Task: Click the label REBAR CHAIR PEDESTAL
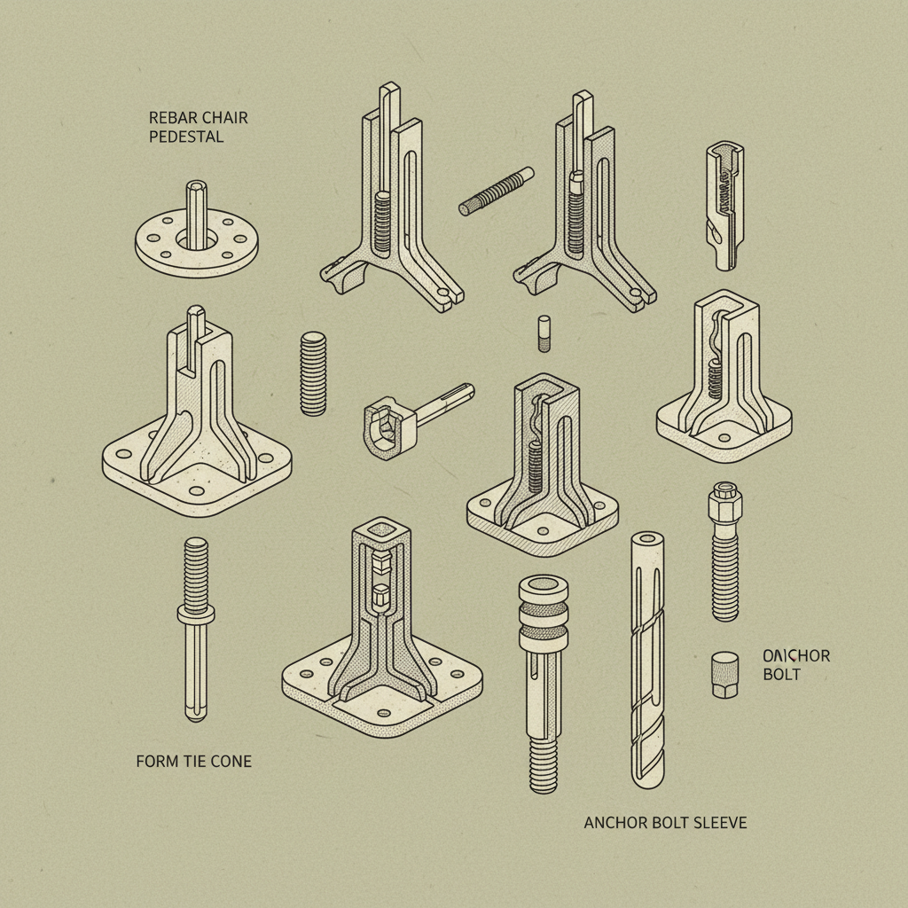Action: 186,128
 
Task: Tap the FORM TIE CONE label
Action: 193,761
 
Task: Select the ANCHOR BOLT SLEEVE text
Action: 665,823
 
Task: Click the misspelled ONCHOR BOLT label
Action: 795,665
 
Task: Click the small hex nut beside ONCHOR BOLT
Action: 724,675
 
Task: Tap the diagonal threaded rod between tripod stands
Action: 497,191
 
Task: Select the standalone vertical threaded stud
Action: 313,373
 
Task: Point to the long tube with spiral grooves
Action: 646,661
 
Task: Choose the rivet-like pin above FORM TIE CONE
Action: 195,626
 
